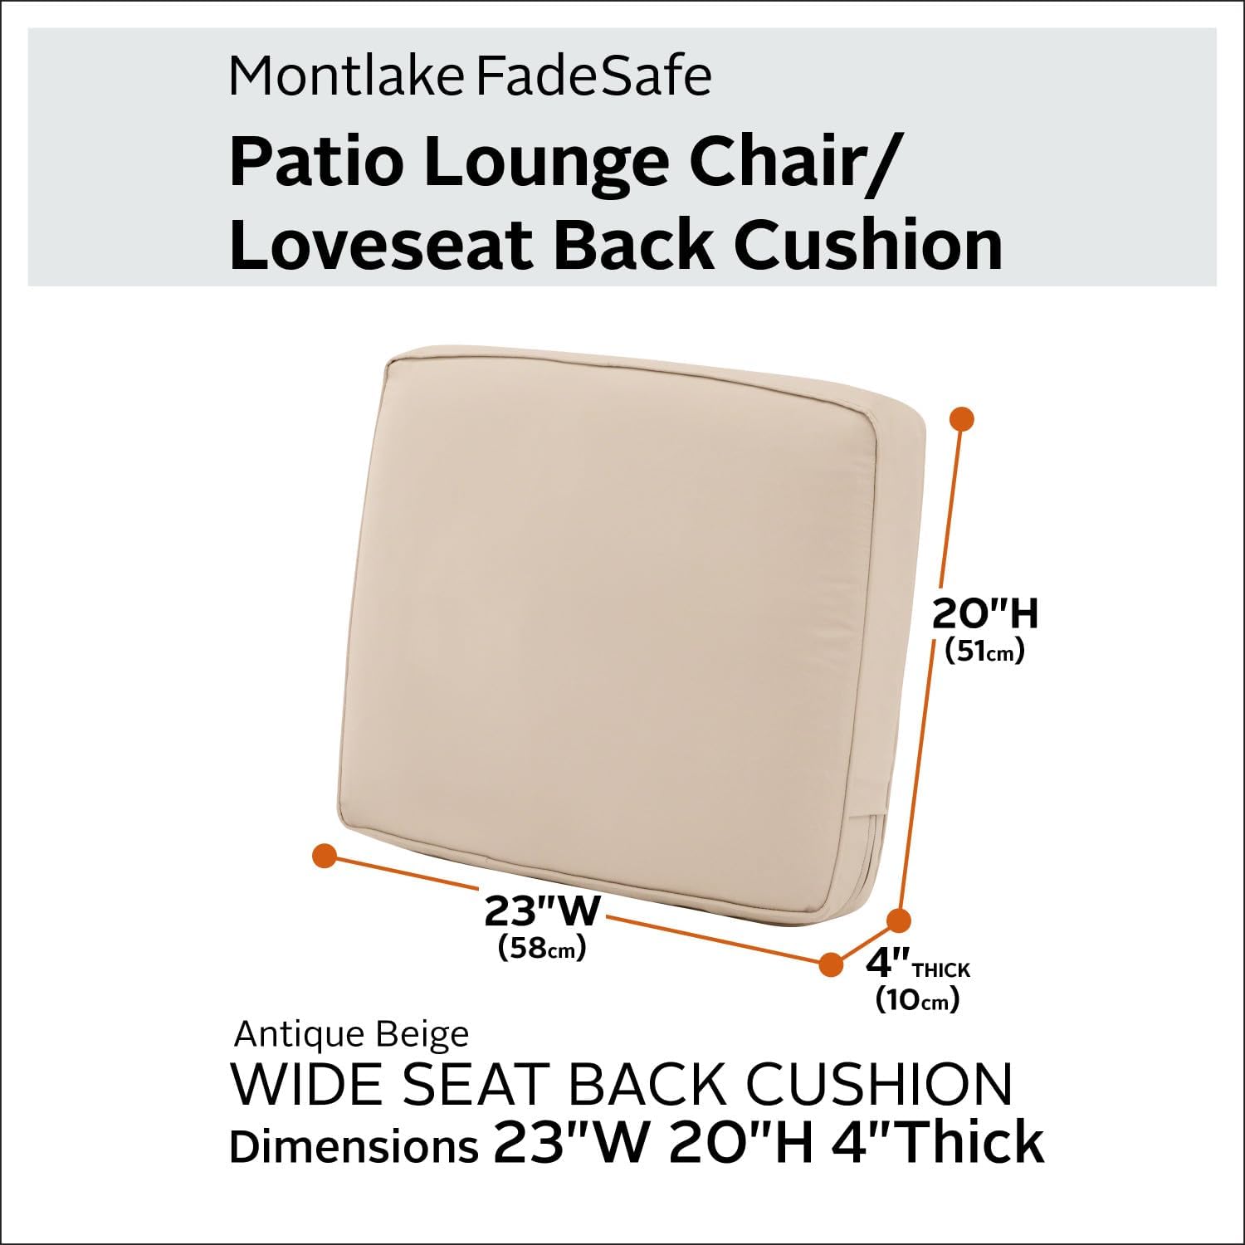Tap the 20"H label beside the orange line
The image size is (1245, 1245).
point(985,615)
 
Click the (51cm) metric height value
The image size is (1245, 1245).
point(985,652)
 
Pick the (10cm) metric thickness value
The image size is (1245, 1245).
point(917,1000)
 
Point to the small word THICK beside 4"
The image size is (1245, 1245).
point(940,969)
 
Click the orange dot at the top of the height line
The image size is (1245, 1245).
point(961,419)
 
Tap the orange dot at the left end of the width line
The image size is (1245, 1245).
point(324,856)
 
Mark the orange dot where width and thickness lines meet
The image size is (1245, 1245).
point(830,964)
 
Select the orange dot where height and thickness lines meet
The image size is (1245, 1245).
point(899,920)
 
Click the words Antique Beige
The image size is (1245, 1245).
point(351,1035)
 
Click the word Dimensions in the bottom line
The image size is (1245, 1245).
point(353,1146)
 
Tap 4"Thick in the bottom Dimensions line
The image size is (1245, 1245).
point(936,1142)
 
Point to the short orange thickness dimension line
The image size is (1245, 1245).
point(864,942)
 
